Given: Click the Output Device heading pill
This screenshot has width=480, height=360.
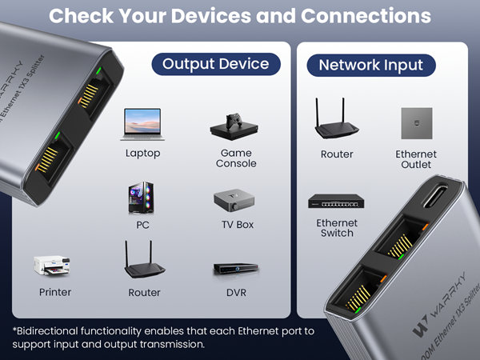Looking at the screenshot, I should pos(216,64).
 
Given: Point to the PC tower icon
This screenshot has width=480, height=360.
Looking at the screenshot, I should pos(142,198).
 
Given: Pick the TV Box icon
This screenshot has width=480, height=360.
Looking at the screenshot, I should pos(236,200).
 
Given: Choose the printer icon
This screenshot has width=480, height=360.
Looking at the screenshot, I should pos(53,266).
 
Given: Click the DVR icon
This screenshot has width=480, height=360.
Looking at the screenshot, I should pos(236,270).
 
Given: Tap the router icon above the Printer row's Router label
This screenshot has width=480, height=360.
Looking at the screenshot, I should pos(144,260).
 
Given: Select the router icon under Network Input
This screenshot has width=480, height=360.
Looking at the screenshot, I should pos(336,120).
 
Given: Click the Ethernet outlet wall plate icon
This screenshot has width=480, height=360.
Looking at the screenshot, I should pos(416,122).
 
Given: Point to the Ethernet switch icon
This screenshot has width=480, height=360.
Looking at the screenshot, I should pos(336,202).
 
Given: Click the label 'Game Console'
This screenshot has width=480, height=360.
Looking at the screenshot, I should pos(236,158).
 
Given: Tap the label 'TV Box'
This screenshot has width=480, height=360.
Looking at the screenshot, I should pos(238,225).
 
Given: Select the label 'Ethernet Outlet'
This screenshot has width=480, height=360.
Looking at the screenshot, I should pos(416,159).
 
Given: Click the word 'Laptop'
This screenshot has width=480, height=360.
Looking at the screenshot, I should pos(142,153).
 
